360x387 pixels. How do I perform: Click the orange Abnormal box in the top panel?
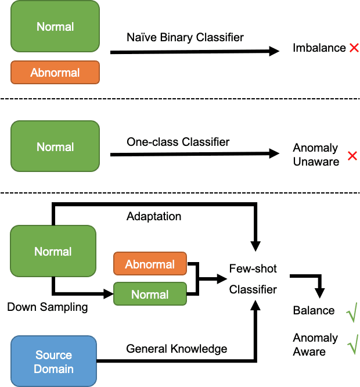55,73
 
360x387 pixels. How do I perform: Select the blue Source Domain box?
54,361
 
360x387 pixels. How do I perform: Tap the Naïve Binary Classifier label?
185,38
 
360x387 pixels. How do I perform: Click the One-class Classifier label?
178,142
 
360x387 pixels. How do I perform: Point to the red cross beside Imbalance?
354,48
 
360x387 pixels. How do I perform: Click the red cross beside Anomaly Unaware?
352,156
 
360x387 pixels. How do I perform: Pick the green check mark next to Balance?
352,312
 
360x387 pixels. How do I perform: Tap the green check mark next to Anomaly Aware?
352,346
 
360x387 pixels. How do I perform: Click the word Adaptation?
154,217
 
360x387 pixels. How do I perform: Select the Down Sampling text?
48,307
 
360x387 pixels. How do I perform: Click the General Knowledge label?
177,349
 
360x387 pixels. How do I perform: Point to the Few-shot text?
253,269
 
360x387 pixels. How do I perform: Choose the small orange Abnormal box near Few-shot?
150,264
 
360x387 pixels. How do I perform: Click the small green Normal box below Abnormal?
150,295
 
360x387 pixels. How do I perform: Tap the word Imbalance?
319,48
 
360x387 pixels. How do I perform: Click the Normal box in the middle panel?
55,147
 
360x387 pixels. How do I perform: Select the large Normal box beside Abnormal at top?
55,27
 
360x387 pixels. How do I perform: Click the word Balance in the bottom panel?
314,311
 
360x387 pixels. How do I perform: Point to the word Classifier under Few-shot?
253,289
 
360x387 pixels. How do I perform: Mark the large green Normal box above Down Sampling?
53,252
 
